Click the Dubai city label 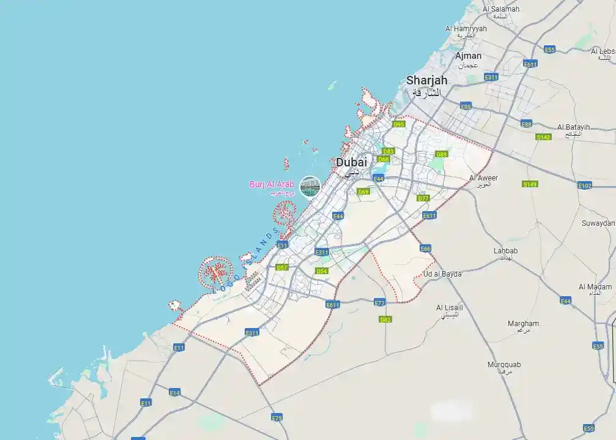point(352,163)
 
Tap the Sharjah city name point(427,81)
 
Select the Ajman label point(468,56)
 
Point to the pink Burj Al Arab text point(272,184)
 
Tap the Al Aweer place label point(483,178)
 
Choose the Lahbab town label point(506,251)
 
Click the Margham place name point(523,323)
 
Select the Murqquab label point(504,365)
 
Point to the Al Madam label point(595,286)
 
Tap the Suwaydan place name point(598,223)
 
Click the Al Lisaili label point(450,307)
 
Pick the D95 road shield point(399,124)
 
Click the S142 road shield point(543,137)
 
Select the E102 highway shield point(585,185)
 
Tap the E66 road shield point(426,248)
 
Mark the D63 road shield point(385,319)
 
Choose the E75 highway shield point(277,417)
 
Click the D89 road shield point(440,154)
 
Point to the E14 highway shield point(175,392)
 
